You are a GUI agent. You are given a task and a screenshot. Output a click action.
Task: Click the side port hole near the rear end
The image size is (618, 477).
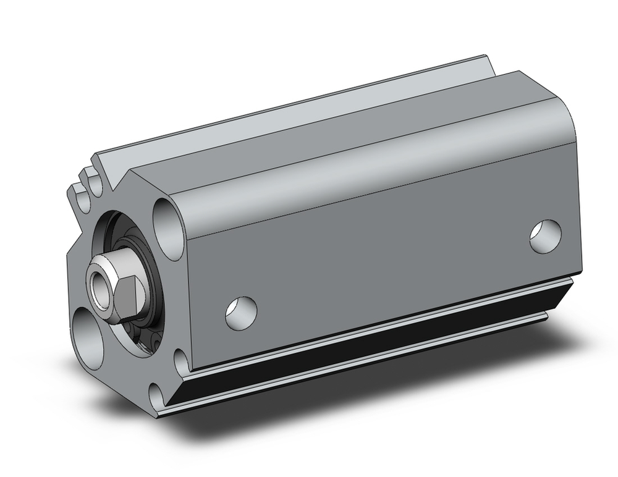point(546,235)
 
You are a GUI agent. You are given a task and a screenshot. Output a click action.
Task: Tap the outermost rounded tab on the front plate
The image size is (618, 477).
point(77,192)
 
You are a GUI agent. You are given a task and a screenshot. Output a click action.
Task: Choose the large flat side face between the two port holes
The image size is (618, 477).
point(383,247)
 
